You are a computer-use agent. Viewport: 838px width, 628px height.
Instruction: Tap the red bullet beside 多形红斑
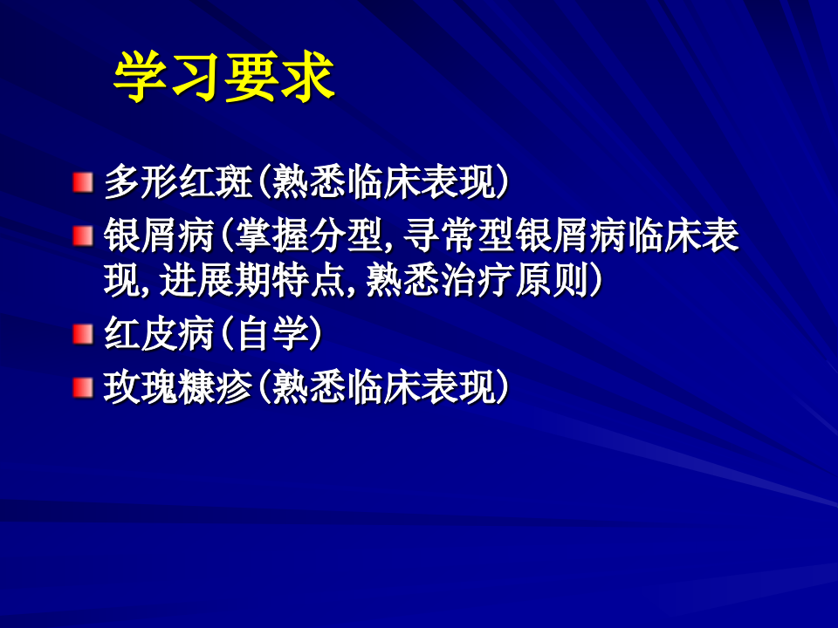click(82, 182)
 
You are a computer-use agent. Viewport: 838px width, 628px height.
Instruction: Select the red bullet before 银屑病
click(82, 235)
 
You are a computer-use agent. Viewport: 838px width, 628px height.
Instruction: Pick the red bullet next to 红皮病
click(82, 334)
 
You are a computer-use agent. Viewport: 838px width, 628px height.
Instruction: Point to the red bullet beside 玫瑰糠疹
click(82, 387)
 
